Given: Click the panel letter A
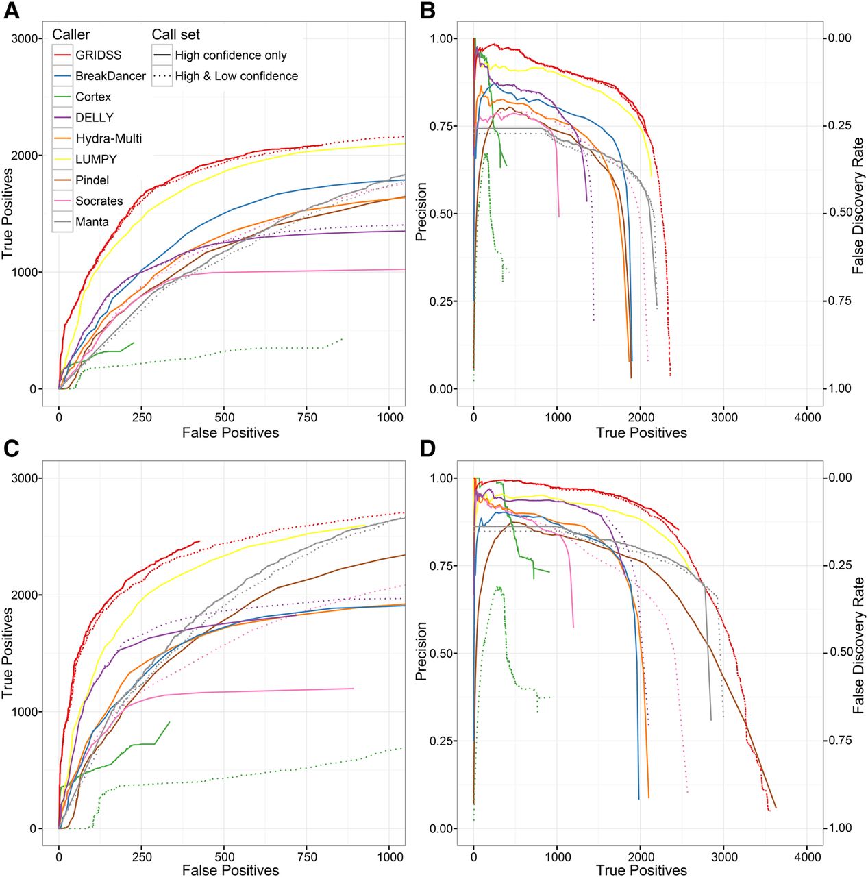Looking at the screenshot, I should click(12, 12).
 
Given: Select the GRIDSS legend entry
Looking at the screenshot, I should click(98, 55).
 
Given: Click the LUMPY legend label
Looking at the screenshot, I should click(96, 160).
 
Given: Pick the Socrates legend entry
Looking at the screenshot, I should click(99, 201).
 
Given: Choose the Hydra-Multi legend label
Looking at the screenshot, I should click(108, 139).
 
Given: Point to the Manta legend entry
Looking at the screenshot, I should click(92, 222).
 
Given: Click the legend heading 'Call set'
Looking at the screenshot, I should click(176, 34).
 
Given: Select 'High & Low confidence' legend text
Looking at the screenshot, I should click(236, 76).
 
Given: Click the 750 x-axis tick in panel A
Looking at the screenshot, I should click(308, 417).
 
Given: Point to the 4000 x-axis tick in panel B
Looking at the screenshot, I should click(807, 417).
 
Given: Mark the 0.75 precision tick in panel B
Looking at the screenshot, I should click(442, 126).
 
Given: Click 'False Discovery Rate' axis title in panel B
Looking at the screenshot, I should click(858, 206).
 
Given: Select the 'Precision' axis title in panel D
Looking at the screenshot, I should click(421, 651).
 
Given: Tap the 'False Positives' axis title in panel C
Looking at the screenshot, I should click(231, 869).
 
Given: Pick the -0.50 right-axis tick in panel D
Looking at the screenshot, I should click(836, 652).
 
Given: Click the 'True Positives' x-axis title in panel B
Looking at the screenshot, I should click(641, 432).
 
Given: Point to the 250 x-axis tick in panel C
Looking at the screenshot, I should click(142, 856).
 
